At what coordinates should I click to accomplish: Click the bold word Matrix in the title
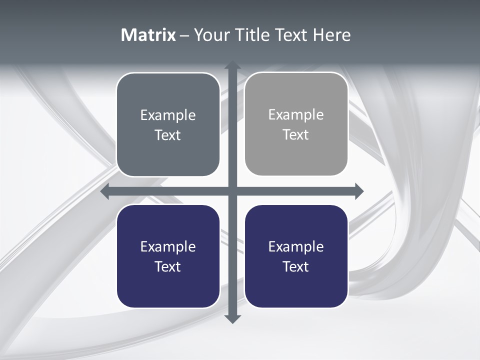148,35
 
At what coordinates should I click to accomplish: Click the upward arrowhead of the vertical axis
232,65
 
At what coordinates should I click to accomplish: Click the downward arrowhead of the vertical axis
232,318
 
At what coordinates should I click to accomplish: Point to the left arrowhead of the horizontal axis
105,191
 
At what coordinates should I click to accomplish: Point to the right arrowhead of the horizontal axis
359,191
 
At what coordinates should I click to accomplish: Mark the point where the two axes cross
232,191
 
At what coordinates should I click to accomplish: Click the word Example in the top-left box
168,115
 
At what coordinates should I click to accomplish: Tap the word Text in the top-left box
168,135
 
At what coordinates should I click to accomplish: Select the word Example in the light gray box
296,115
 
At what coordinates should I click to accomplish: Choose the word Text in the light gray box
296,134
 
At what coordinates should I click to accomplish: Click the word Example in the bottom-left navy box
168,247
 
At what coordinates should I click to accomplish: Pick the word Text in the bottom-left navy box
168,266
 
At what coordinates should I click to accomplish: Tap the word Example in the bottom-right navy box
296,247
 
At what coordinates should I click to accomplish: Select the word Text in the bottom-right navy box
296,266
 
